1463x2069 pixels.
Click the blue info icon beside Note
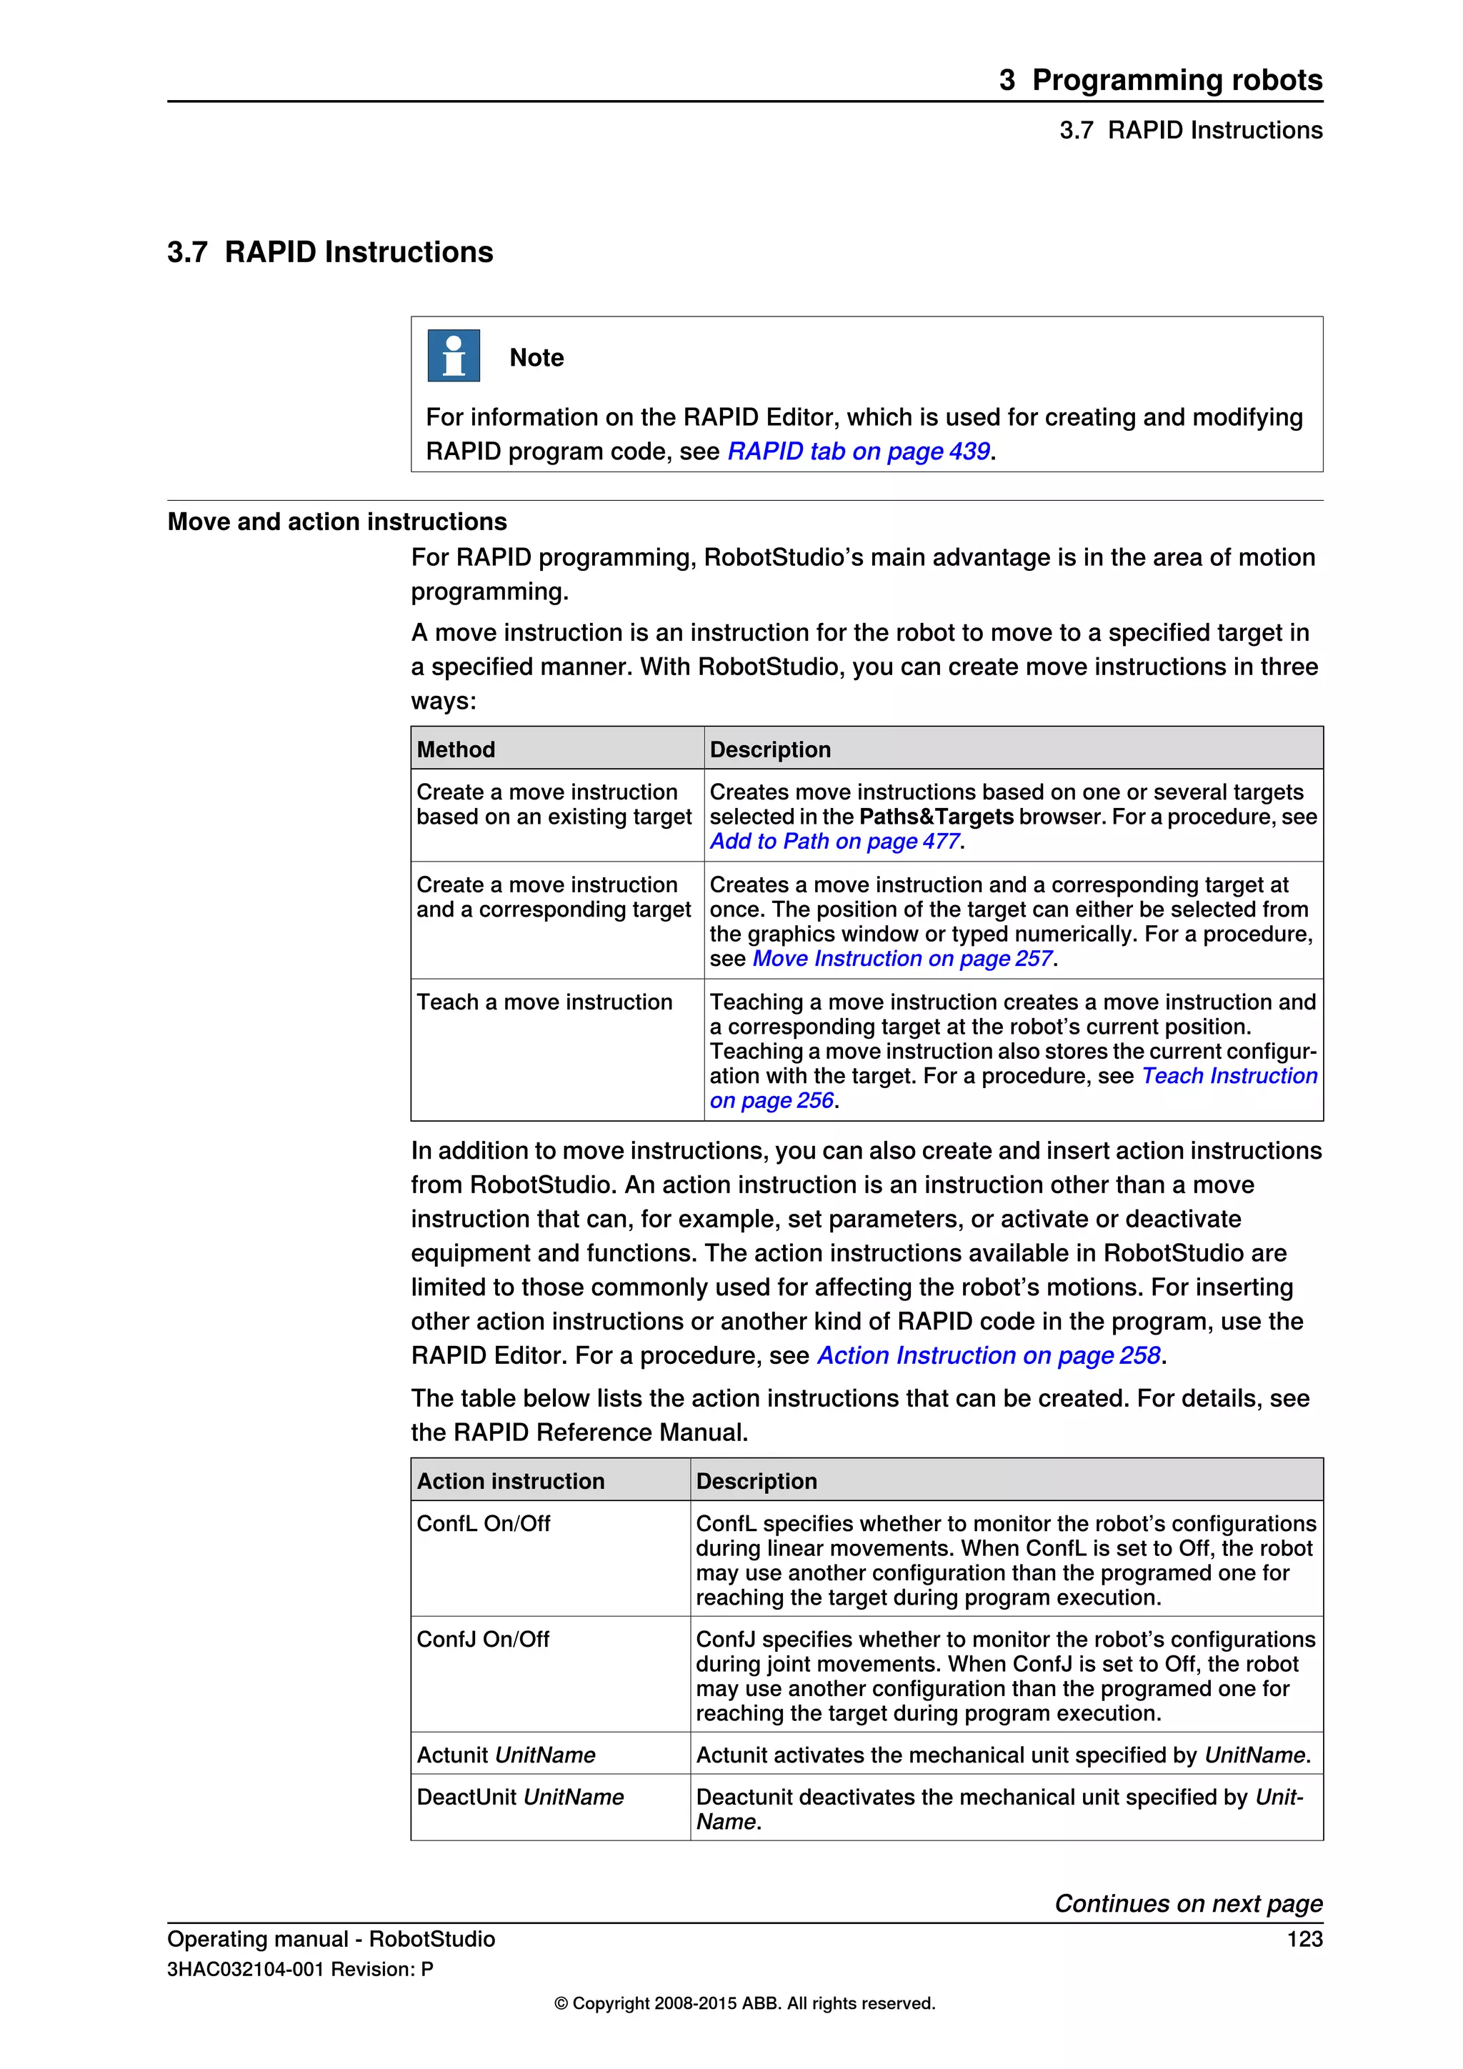453,356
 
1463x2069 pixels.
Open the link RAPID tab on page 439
858,452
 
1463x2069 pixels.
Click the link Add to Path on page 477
834,842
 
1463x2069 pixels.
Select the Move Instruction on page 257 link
902,959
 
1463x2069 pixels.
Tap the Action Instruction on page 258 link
988,1356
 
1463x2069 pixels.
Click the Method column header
456,749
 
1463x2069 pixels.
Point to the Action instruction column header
510,1482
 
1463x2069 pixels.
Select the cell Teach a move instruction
544,1002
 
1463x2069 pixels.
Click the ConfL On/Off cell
483,1524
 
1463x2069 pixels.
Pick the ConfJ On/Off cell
483,1639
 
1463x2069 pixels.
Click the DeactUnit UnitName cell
520,1798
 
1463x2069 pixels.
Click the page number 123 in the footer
1304,1939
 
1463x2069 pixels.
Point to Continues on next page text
1188,1903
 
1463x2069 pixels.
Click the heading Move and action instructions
337,522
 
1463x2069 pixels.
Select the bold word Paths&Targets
936,817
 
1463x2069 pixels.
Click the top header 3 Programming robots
1159,80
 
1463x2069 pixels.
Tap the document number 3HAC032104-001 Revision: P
300,1970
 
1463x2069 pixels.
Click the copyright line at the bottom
744,2003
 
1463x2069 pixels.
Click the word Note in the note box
536,358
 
